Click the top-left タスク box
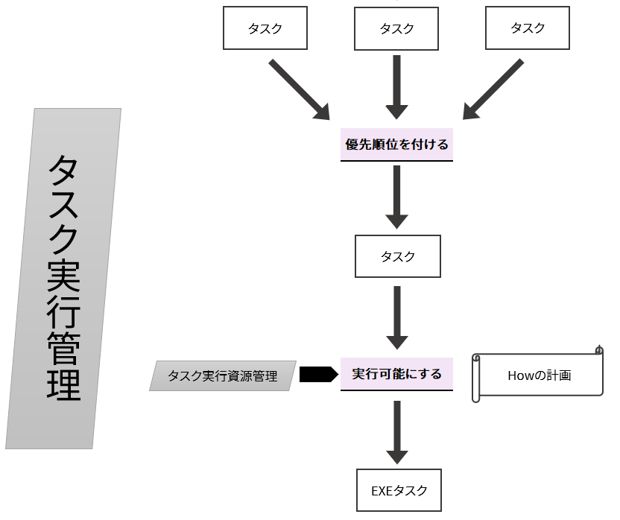[265, 29]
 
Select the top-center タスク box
[397, 29]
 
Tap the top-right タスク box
[528, 29]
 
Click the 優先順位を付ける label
[397, 144]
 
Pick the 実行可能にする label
[397, 374]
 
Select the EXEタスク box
[399, 490]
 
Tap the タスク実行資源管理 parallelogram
[223, 376]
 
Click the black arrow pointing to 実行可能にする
[318, 374]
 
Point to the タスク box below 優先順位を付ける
[398, 257]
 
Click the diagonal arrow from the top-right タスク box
[493, 90]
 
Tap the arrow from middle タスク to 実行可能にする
[397, 317]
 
